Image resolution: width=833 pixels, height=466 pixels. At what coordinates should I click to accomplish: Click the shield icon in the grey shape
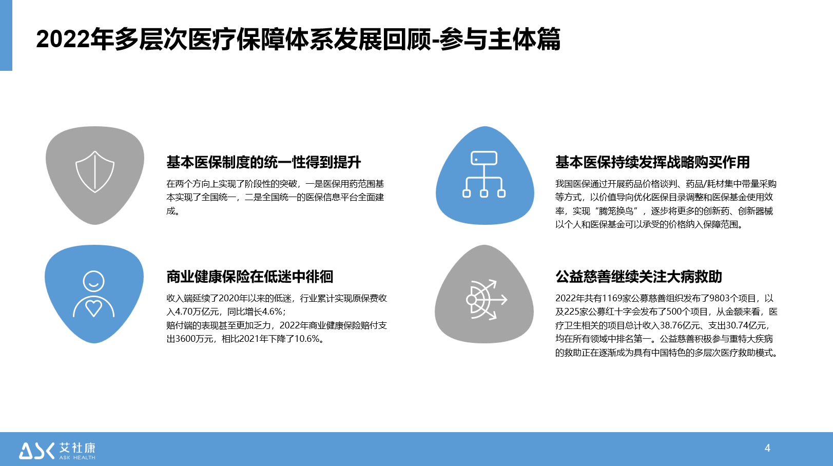click(95, 171)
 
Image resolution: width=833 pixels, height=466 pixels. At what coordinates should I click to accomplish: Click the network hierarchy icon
click(484, 174)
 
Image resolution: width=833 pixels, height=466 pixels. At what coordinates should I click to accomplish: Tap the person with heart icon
click(94, 294)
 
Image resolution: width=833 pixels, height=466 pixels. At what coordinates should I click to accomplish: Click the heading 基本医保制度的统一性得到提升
click(264, 162)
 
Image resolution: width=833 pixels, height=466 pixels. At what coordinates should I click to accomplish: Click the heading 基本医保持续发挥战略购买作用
click(653, 162)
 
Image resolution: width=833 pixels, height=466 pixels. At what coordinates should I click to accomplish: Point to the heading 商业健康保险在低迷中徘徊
click(250, 277)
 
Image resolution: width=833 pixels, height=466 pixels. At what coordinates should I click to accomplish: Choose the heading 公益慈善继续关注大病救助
click(638, 277)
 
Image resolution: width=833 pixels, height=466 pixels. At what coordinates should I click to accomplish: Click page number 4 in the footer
click(767, 448)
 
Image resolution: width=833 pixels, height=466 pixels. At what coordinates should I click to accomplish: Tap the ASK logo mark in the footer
click(36, 451)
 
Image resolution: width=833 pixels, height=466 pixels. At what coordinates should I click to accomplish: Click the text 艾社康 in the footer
click(78, 448)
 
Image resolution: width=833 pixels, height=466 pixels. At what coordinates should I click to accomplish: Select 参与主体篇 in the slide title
click(500, 39)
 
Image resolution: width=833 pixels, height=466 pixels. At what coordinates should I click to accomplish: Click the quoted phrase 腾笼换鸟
click(616, 211)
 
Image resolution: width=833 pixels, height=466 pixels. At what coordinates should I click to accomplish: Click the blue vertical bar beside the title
click(6, 35)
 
